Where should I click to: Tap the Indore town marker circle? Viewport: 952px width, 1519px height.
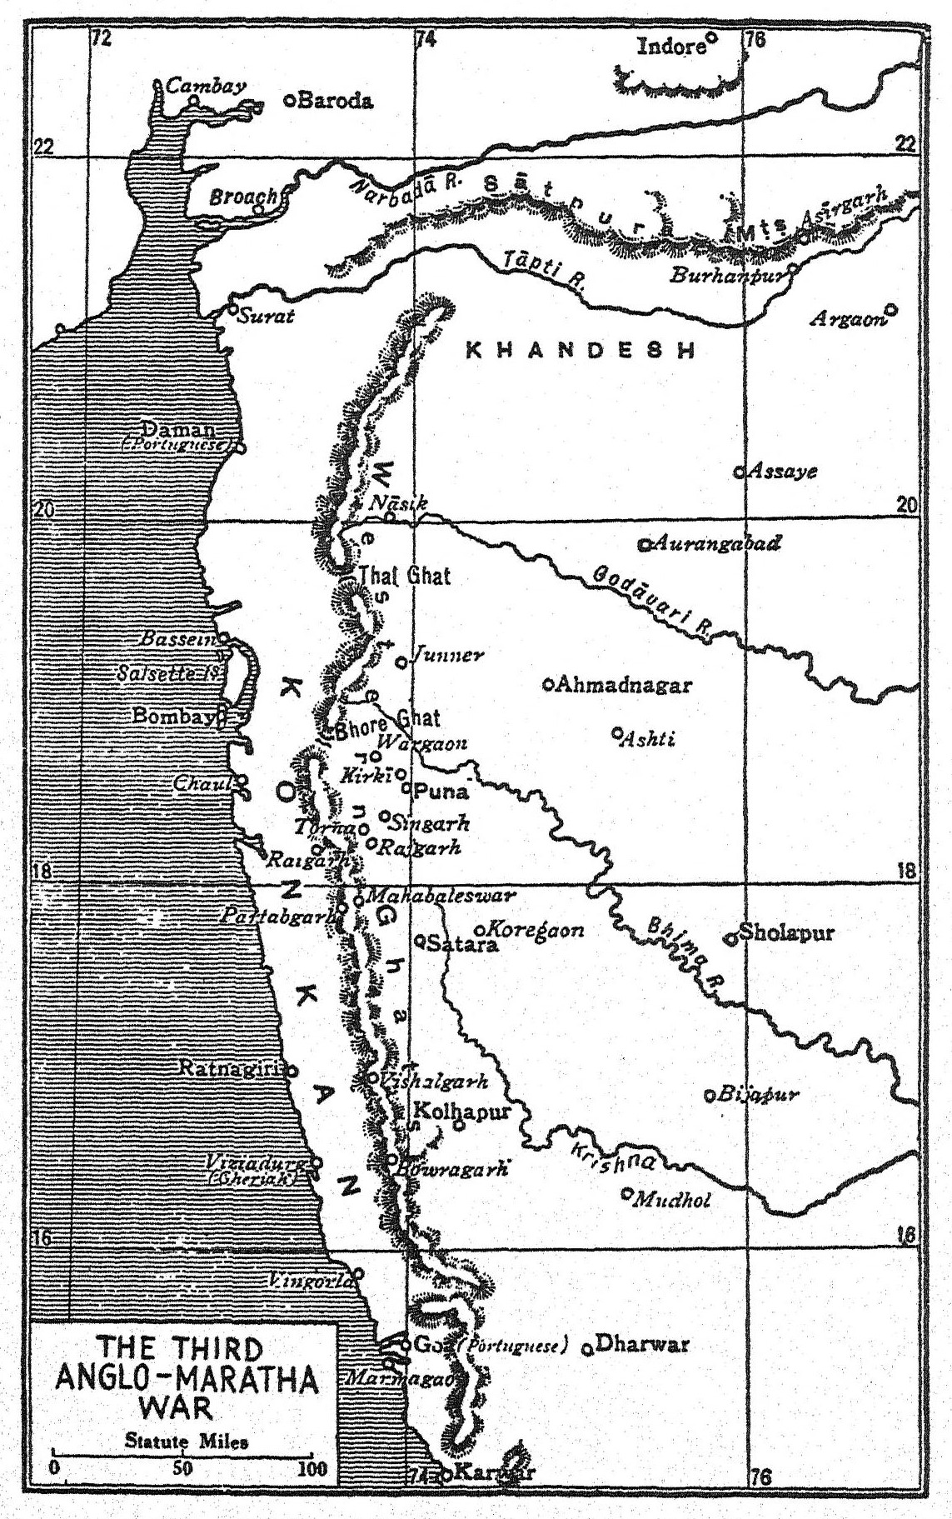point(711,37)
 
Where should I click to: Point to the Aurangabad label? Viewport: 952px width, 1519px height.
point(716,544)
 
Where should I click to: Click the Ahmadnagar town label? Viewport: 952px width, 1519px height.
point(625,685)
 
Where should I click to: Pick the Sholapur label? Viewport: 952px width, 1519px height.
point(786,932)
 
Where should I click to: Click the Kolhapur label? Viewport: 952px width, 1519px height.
point(461,1111)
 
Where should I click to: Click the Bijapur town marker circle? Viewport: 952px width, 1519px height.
point(710,1096)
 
